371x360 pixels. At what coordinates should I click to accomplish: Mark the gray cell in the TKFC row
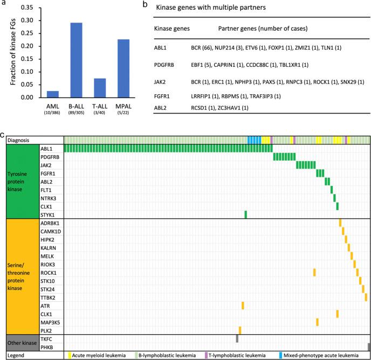coord(237,338)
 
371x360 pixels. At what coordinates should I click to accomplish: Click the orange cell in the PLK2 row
coord(239,330)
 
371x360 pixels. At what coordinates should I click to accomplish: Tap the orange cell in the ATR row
coord(243,306)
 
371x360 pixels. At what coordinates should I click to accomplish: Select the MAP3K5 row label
coord(50,322)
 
